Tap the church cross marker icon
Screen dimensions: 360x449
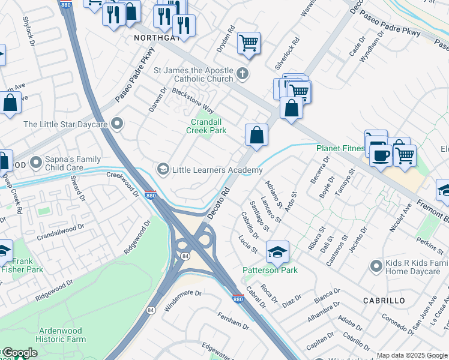coord(242,74)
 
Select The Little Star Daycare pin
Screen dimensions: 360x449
coord(117,124)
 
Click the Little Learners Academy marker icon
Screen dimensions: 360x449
coord(162,170)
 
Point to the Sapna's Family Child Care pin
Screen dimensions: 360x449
coord(36,162)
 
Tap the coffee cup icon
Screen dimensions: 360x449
coord(379,154)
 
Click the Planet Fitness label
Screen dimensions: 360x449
coord(340,148)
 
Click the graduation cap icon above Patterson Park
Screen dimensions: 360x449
coord(277,251)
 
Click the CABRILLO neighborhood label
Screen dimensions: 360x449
coord(384,300)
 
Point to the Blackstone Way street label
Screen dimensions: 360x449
coord(193,100)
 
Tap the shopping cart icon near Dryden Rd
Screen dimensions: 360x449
coord(249,43)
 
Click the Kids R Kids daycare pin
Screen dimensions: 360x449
coord(376,265)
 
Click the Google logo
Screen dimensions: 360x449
coord(19,353)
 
